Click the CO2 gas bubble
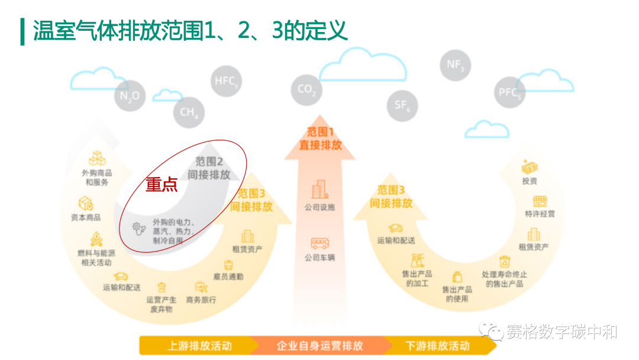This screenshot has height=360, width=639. click(x=306, y=90)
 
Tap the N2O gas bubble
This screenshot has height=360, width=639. click(x=130, y=97)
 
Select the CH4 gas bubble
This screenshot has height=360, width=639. click(x=189, y=112)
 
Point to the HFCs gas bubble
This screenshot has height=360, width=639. click(x=227, y=82)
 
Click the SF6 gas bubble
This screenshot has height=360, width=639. click(x=402, y=105)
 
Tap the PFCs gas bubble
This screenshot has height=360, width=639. click(x=509, y=93)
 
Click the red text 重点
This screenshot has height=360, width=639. click(x=162, y=185)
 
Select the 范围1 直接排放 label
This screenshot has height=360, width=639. click(x=320, y=138)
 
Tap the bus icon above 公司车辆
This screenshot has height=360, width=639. click(x=319, y=243)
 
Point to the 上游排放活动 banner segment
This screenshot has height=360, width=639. click(x=199, y=346)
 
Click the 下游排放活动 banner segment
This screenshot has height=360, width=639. click(x=438, y=346)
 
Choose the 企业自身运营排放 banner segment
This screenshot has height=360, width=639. click(x=319, y=346)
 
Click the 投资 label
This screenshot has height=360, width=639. click(x=530, y=181)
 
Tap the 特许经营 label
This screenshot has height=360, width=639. click(x=540, y=214)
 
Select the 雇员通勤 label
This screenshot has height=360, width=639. click(x=228, y=277)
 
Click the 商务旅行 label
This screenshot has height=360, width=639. click(x=201, y=300)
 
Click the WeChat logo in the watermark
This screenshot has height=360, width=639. click(x=491, y=330)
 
